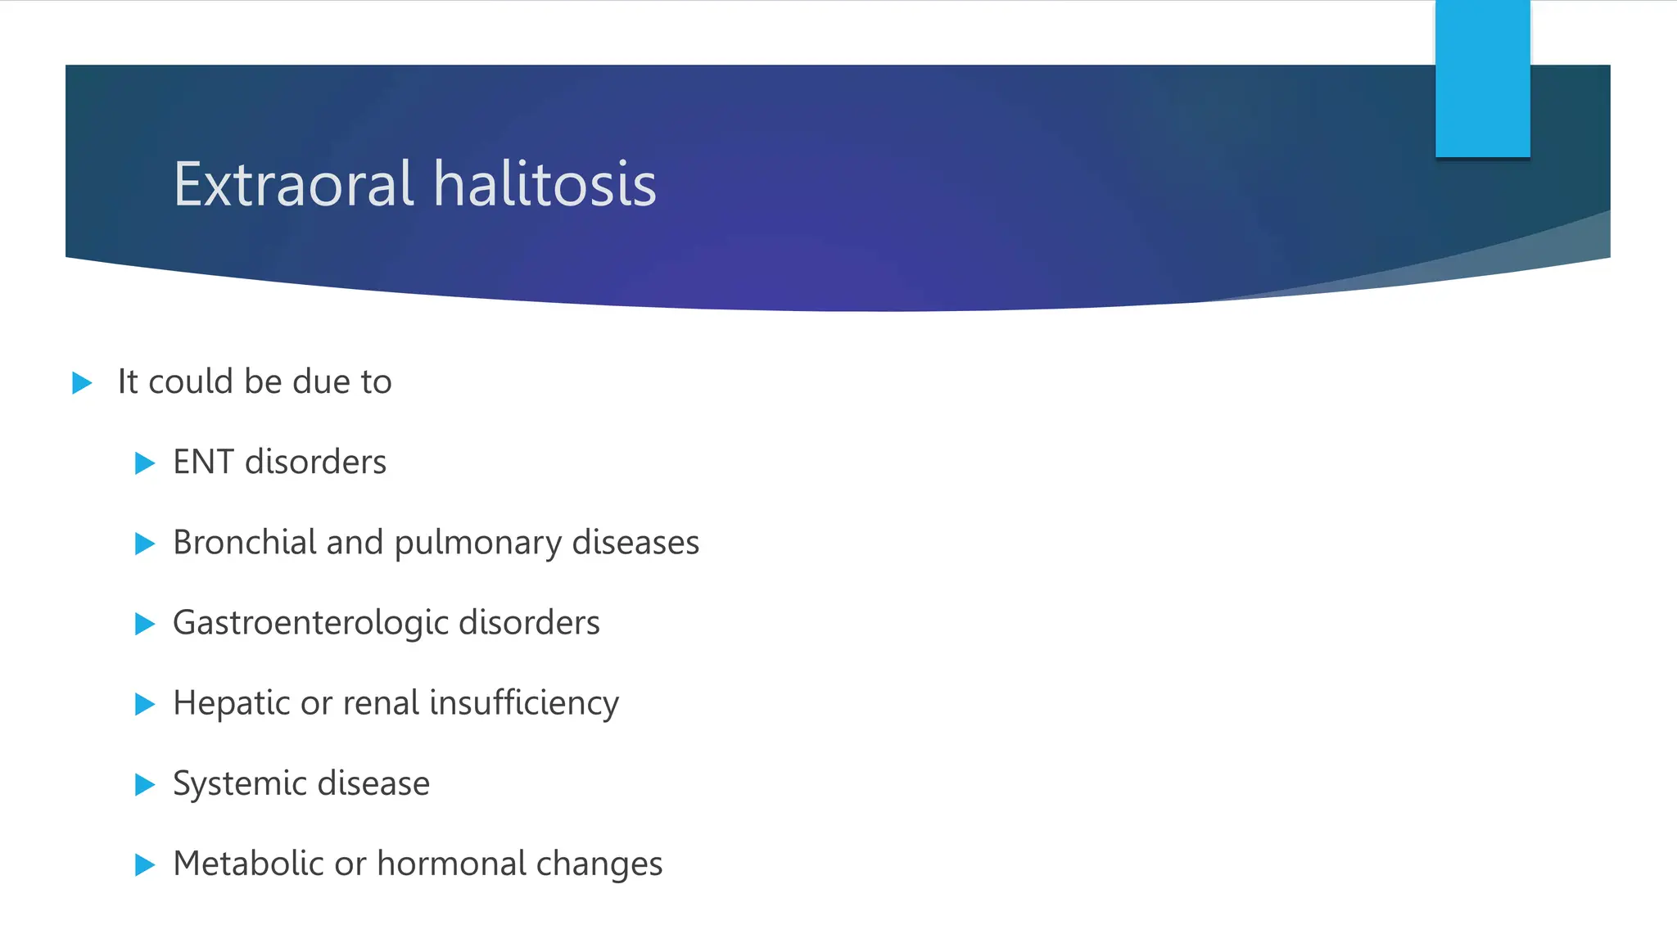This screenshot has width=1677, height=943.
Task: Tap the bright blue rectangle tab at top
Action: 1482,78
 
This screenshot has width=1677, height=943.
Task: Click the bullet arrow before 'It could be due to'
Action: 82,382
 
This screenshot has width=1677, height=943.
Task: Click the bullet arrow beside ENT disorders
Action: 145,463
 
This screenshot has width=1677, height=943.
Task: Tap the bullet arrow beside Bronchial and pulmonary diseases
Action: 145,544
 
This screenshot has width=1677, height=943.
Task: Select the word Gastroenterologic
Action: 310,624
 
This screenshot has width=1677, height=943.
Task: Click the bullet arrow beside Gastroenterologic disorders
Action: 145,624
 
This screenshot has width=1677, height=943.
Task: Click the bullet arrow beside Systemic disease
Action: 145,784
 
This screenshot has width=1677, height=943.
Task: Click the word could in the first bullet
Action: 191,382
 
